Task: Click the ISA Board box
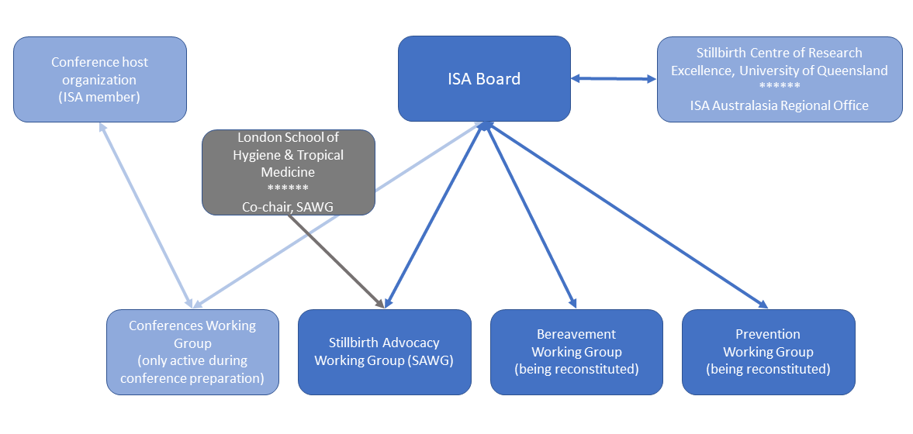coord(484,78)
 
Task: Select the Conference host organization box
coord(100,79)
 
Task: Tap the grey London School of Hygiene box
coord(289,172)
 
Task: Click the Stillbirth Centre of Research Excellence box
coord(779,79)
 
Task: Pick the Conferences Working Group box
coord(192,352)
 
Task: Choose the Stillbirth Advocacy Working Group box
coord(384,352)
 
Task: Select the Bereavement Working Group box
coord(576,352)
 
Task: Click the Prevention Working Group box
coord(768,352)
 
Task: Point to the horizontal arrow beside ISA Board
coord(614,78)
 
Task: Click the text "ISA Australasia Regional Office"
coord(779,105)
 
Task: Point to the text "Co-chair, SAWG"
coord(288,206)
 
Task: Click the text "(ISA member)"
coord(99,97)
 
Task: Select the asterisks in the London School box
coord(288,189)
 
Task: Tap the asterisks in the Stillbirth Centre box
coord(779,88)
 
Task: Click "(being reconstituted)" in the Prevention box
coord(768,370)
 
